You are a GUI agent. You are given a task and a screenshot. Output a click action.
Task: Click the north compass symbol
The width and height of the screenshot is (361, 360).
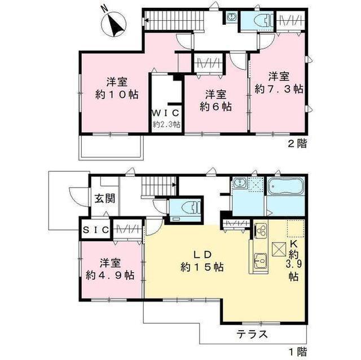(113, 23)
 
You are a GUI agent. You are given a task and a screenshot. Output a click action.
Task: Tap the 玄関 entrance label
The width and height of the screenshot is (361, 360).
(105, 199)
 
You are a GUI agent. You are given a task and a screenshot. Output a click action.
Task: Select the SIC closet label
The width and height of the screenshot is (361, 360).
(95, 230)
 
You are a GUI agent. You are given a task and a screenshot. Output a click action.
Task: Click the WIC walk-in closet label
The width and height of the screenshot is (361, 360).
(165, 113)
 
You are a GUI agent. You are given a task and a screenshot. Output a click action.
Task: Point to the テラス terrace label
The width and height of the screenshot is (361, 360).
(252, 334)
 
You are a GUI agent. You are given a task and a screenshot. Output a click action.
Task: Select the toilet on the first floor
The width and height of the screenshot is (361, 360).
(191, 208)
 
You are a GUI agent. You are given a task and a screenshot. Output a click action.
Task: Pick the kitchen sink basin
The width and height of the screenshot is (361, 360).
(260, 260)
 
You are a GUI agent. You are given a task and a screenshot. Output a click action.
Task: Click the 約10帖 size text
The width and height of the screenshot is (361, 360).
(117, 95)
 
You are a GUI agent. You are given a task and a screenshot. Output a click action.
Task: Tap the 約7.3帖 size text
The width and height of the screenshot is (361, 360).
(279, 89)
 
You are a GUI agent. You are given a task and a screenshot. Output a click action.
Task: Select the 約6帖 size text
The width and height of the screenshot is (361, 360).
(215, 107)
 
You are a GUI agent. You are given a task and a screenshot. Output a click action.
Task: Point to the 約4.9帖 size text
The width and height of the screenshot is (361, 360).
(110, 275)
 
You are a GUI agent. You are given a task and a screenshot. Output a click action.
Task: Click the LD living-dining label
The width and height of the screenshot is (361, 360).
(202, 255)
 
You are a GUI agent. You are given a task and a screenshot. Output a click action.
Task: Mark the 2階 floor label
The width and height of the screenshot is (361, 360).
(297, 144)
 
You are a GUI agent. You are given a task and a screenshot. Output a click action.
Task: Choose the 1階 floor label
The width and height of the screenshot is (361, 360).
(298, 352)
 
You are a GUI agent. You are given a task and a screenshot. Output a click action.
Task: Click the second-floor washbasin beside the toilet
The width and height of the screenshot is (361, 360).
(231, 16)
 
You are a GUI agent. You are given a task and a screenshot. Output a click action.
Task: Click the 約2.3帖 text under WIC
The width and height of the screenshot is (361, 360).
(167, 125)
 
